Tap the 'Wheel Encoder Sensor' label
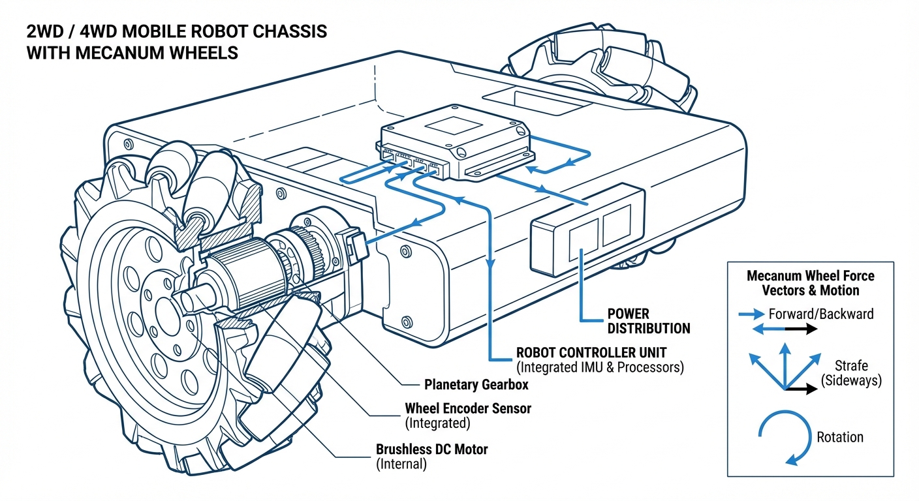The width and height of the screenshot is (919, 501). coord(467,408)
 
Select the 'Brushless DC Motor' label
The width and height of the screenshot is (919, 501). coord(431,449)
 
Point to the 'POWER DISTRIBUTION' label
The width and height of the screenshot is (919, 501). coord(648,320)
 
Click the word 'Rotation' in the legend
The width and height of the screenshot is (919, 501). coord(839,437)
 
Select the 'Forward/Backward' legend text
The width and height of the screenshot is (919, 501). coord(820,314)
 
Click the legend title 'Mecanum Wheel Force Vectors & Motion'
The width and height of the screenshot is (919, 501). coord(810,282)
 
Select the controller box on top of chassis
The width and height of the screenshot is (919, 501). coord(457,140)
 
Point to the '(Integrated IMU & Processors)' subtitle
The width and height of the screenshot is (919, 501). coord(599,367)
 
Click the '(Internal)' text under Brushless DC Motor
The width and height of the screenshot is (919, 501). coord(401,464)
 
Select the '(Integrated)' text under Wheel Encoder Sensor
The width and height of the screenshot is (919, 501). coord(437,423)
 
